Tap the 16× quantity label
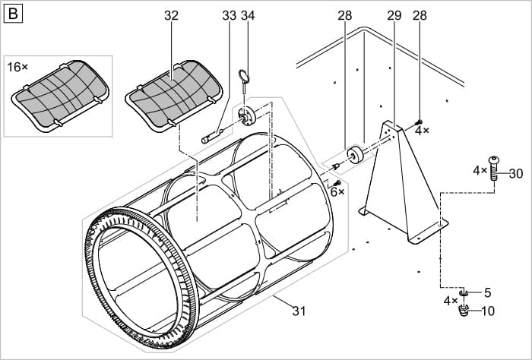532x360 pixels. click(x=17, y=67)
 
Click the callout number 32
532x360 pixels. click(x=171, y=15)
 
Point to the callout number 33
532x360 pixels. click(x=229, y=15)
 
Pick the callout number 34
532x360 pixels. click(x=248, y=15)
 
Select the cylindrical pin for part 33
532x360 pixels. click(x=211, y=138)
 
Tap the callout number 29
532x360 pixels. click(x=394, y=15)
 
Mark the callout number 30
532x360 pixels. click(x=516, y=173)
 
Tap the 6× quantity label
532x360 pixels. click(x=337, y=192)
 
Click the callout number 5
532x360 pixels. click(x=488, y=292)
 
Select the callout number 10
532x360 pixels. click(x=487, y=310)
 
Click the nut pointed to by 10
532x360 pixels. click(x=465, y=312)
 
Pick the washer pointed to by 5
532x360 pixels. click(x=464, y=293)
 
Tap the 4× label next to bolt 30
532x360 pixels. click(x=479, y=170)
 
